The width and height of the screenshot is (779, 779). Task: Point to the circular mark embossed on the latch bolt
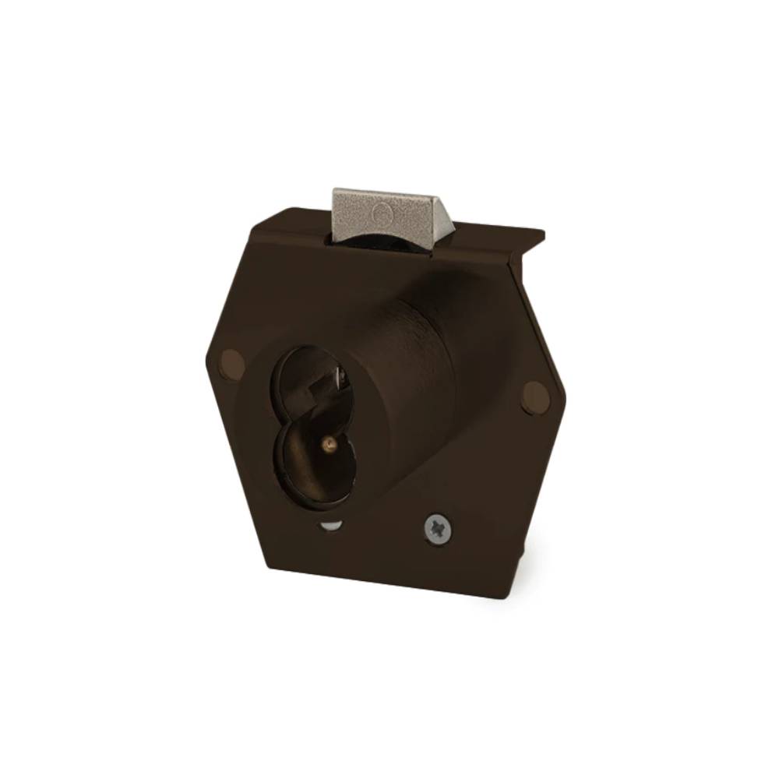click(x=382, y=213)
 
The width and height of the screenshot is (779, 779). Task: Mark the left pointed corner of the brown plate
click(x=206, y=360)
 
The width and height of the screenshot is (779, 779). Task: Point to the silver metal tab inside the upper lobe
click(x=340, y=377)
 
